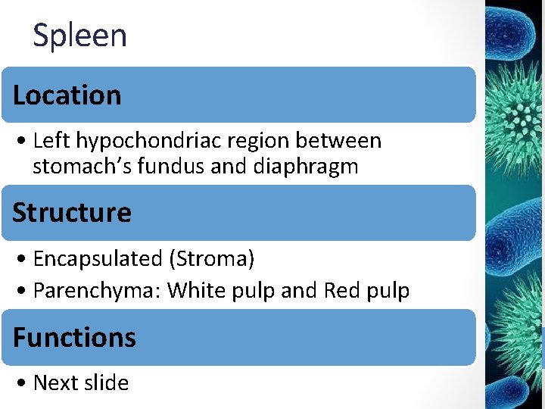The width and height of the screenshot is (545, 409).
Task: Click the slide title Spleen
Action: tap(79, 36)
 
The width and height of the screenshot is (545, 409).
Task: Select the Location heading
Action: tap(67, 95)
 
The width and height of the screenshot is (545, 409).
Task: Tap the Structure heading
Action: tap(71, 212)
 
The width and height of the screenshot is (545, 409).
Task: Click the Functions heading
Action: tap(74, 337)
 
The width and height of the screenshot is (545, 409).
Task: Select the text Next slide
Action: tap(81, 383)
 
